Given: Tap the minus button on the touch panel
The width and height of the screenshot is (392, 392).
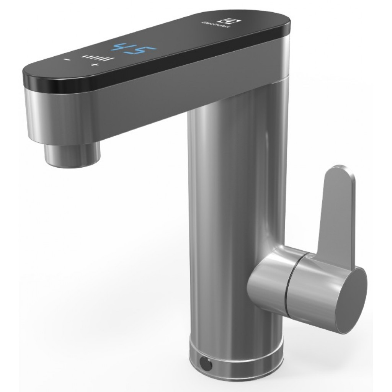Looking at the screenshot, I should pyautogui.click(x=67, y=60).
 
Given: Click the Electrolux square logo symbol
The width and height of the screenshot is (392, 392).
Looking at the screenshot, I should pyautogui.click(x=220, y=22).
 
